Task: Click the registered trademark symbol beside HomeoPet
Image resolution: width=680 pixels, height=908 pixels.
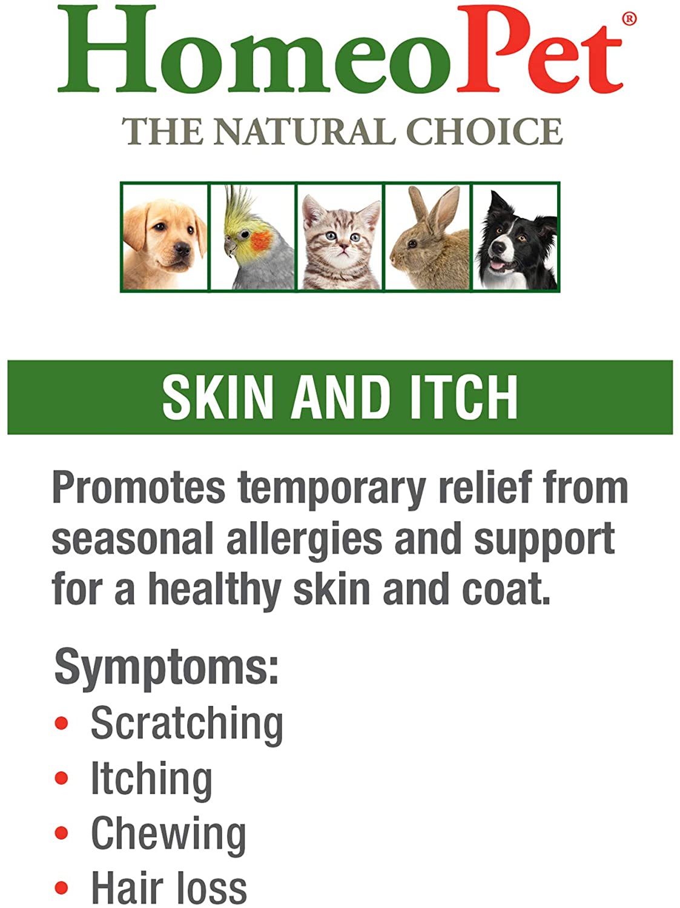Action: [x=629, y=19]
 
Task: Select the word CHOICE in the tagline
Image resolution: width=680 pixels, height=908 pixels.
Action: [x=484, y=131]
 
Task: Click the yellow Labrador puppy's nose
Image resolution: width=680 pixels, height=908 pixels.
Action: [x=182, y=249]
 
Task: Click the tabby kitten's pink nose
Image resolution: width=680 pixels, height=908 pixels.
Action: [x=343, y=248]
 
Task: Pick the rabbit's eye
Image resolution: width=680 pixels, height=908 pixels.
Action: [x=412, y=244]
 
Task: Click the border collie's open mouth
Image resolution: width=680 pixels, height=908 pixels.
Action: [x=498, y=264]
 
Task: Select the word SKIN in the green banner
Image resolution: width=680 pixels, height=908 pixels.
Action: [x=217, y=397]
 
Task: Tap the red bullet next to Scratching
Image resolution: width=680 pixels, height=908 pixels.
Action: [x=61, y=723]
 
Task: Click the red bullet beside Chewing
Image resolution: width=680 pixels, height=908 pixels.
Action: [x=61, y=833]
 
